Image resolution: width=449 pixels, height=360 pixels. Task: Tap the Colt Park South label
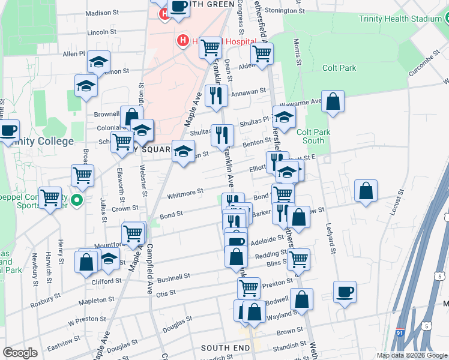click(x=310, y=136)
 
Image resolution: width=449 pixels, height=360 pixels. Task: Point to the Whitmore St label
click(x=185, y=193)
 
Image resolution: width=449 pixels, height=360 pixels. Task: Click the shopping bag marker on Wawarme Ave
click(x=333, y=101)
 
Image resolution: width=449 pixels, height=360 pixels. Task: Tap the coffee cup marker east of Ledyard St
click(x=345, y=292)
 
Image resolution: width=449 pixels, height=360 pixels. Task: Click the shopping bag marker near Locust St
click(x=365, y=191)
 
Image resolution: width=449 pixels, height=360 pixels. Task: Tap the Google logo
click(x=20, y=353)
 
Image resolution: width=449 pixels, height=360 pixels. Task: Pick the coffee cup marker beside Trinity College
click(x=8, y=130)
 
